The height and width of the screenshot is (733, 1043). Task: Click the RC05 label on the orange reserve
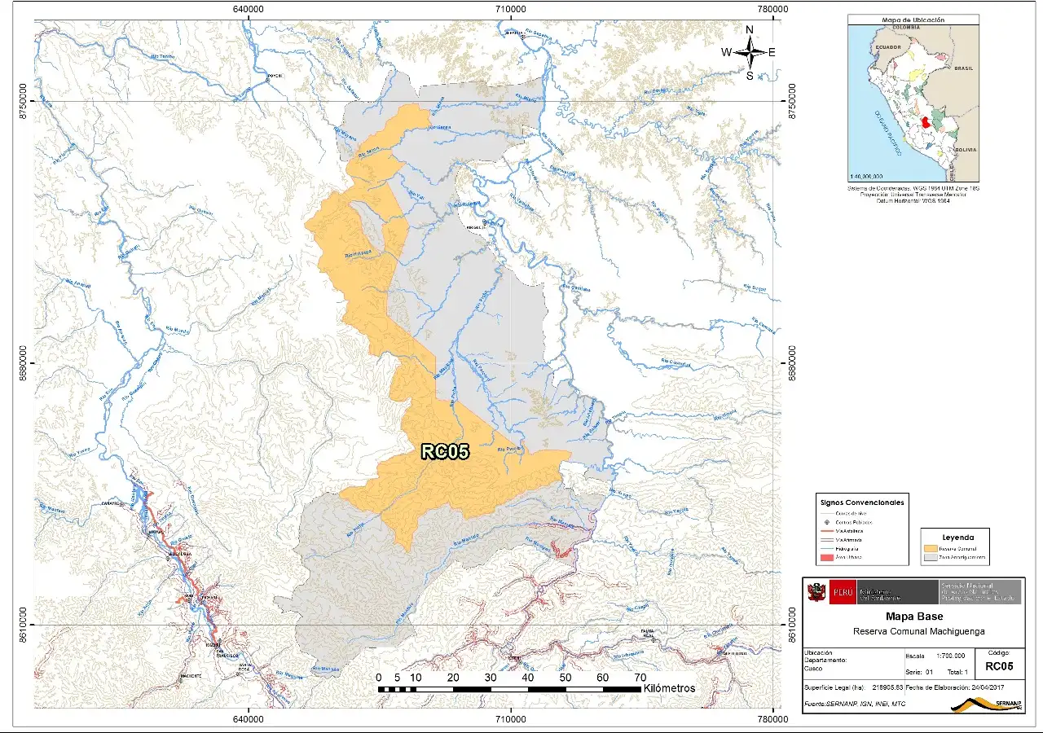coord(445,452)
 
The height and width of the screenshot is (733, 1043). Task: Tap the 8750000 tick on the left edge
coord(24,101)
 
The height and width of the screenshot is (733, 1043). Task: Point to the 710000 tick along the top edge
coord(509,9)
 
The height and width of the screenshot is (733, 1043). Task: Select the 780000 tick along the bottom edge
coord(772,720)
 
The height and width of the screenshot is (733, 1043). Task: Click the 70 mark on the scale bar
coord(640,678)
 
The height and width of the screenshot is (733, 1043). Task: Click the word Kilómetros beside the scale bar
coord(669,688)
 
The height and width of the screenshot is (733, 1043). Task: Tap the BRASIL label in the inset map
coord(964,69)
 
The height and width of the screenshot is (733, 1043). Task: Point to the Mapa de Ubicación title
coord(913,20)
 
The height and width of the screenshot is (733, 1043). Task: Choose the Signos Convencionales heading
coord(862,503)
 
